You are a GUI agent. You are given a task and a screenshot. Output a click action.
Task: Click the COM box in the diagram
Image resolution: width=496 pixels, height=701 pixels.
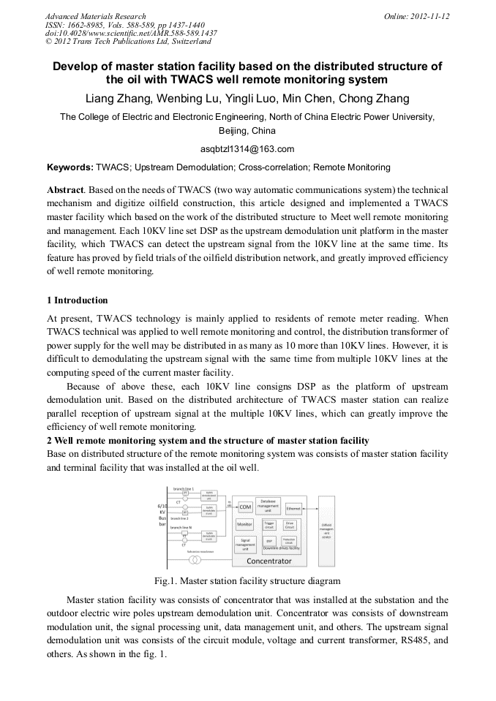[246, 506]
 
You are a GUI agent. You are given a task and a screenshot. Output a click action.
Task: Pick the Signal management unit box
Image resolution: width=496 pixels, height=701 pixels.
[244, 544]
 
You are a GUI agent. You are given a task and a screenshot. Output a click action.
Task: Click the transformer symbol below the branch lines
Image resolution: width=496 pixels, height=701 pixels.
[195, 560]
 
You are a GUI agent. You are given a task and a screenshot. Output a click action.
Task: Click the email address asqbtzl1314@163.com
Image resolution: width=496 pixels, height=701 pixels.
[247, 150]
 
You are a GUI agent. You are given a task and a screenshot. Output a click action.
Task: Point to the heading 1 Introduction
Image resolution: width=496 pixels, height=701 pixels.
[77, 300]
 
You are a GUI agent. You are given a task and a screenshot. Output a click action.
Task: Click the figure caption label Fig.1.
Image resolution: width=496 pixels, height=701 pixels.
[165, 582]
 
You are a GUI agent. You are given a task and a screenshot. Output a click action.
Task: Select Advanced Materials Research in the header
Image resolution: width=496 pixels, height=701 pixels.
[95, 16]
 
